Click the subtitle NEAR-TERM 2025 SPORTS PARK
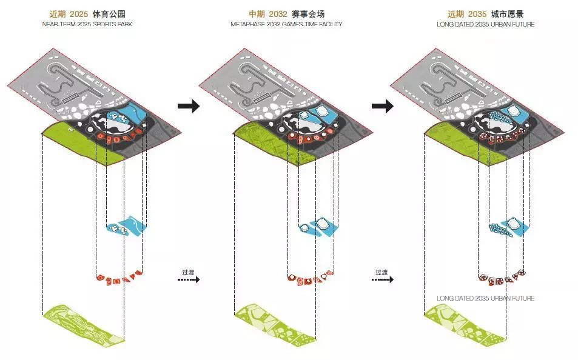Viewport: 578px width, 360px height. point(87,24)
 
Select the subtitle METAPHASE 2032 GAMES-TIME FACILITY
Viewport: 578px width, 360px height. point(286,24)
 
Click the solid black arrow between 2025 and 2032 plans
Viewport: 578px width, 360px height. point(189,106)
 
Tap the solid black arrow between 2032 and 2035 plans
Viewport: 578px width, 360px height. point(383,106)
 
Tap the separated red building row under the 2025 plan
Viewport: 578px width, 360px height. point(120,278)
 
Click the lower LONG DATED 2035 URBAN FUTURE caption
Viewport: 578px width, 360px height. point(485,299)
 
